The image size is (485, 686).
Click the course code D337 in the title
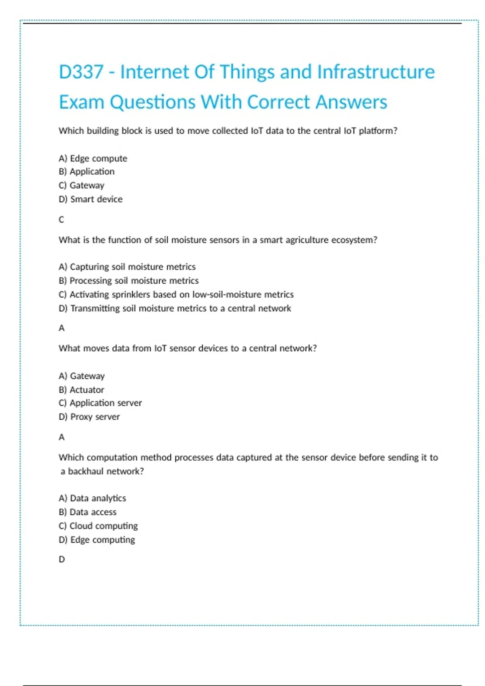pos(81,72)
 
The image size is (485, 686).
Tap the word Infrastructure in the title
pos(376,72)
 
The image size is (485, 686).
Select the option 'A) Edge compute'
pos(93,158)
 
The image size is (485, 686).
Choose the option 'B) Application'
pos(86,171)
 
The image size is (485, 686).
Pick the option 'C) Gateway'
pos(82,185)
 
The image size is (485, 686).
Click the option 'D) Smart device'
pos(91,199)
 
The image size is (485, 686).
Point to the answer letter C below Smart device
pos(61,220)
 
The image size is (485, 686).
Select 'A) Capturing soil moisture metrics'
pos(127,267)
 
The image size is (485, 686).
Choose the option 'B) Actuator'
pos(81,390)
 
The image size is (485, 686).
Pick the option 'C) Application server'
pos(100,403)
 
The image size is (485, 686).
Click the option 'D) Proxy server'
pos(89,416)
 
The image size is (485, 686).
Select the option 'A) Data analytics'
pos(92,498)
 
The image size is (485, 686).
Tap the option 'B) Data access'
pos(87,512)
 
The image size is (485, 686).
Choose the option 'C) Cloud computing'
pos(98,526)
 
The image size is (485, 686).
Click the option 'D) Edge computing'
pos(97,540)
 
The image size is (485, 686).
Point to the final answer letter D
pos(62,559)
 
